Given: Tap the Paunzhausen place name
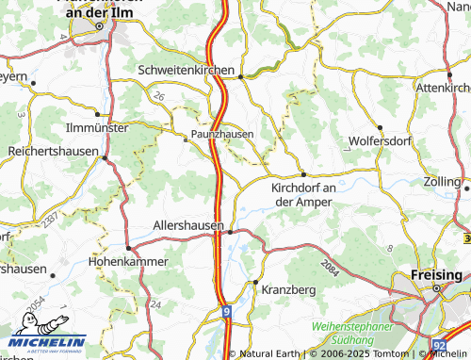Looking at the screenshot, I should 222,135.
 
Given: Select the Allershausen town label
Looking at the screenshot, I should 187,226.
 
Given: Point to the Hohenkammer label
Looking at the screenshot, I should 127,260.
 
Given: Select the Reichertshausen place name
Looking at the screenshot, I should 48,151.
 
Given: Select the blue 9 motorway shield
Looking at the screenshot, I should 226,309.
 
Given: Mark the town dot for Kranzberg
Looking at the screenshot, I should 254,282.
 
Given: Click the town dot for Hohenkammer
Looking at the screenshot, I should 128,247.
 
